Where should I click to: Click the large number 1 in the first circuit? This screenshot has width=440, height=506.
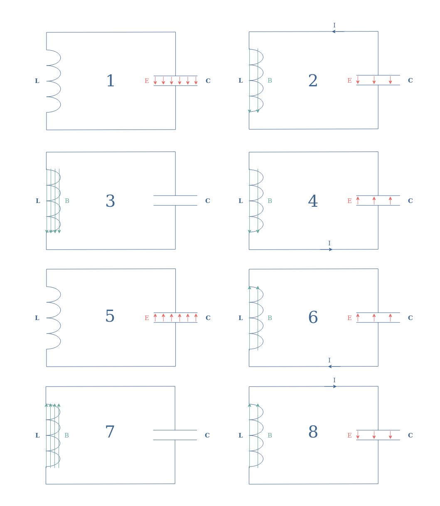click(x=111, y=81)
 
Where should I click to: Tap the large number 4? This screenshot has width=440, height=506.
click(x=313, y=200)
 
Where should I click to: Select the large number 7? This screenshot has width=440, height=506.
click(x=110, y=432)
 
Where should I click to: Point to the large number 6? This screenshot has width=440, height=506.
click(x=313, y=317)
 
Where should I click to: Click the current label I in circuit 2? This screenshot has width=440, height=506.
click(x=334, y=25)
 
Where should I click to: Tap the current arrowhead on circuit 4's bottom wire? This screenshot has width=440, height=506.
click(x=331, y=249)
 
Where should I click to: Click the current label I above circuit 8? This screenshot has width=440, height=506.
click(x=334, y=380)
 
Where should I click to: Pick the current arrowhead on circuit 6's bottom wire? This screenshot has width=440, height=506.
click(x=330, y=367)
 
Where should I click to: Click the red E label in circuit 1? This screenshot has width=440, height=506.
click(x=147, y=81)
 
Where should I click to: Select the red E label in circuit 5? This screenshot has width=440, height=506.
click(x=147, y=318)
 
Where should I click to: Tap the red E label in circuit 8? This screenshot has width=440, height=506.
click(x=349, y=435)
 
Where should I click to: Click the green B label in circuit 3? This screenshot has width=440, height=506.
click(x=67, y=201)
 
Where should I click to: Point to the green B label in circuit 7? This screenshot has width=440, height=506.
click(x=66, y=435)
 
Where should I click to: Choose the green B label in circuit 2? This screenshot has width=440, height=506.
click(x=270, y=81)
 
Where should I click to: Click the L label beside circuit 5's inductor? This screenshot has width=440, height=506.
click(x=37, y=318)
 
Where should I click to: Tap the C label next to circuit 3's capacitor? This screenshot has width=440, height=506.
click(x=208, y=201)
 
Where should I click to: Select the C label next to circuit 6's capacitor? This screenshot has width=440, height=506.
click(x=411, y=318)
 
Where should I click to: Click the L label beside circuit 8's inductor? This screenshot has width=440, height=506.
click(x=241, y=435)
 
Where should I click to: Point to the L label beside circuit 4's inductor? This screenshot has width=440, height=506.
click(x=241, y=201)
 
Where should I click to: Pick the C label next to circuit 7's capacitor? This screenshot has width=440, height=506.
click(x=207, y=435)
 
